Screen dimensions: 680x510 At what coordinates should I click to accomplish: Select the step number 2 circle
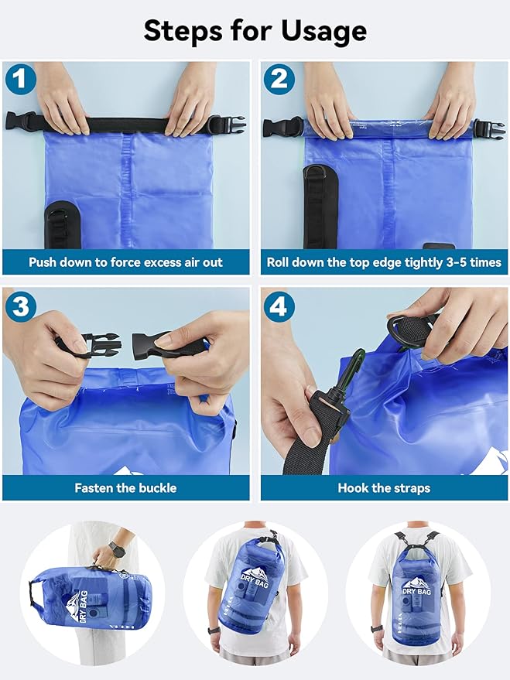click(279, 80)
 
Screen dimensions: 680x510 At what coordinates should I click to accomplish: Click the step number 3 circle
click(20, 306)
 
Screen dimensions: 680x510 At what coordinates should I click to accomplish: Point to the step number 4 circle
click(279, 306)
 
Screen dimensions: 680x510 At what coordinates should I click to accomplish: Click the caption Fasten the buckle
click(125, 488)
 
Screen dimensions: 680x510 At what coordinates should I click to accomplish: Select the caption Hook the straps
click(384, 488)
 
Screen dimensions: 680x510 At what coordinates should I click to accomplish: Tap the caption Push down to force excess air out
click(125, 262)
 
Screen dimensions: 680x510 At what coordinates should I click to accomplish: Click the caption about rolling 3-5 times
click(384, 262)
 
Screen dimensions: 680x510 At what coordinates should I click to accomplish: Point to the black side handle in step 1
click(62, 224)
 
